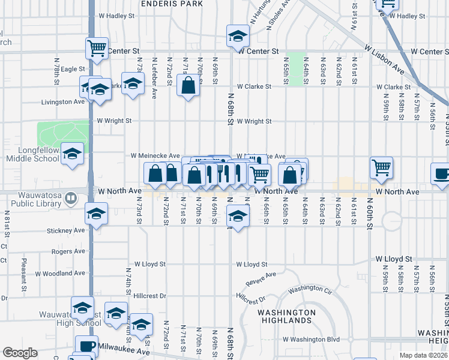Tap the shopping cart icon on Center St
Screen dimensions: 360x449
point(97,48)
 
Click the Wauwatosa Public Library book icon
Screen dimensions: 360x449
point(70,197)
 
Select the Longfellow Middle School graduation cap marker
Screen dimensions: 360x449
point(73,155)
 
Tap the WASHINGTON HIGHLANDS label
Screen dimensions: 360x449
point(287,316)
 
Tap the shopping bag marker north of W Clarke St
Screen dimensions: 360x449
point(188,85)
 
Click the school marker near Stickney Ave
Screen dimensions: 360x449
point(97,213)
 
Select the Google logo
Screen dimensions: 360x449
point(20,353)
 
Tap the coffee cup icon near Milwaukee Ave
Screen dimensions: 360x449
point(86,346)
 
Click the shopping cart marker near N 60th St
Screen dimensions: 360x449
point(381,168)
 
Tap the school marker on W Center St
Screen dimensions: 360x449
point(238,36)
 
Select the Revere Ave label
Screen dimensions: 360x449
point(261,278)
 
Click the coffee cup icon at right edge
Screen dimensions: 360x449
point(442,174)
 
